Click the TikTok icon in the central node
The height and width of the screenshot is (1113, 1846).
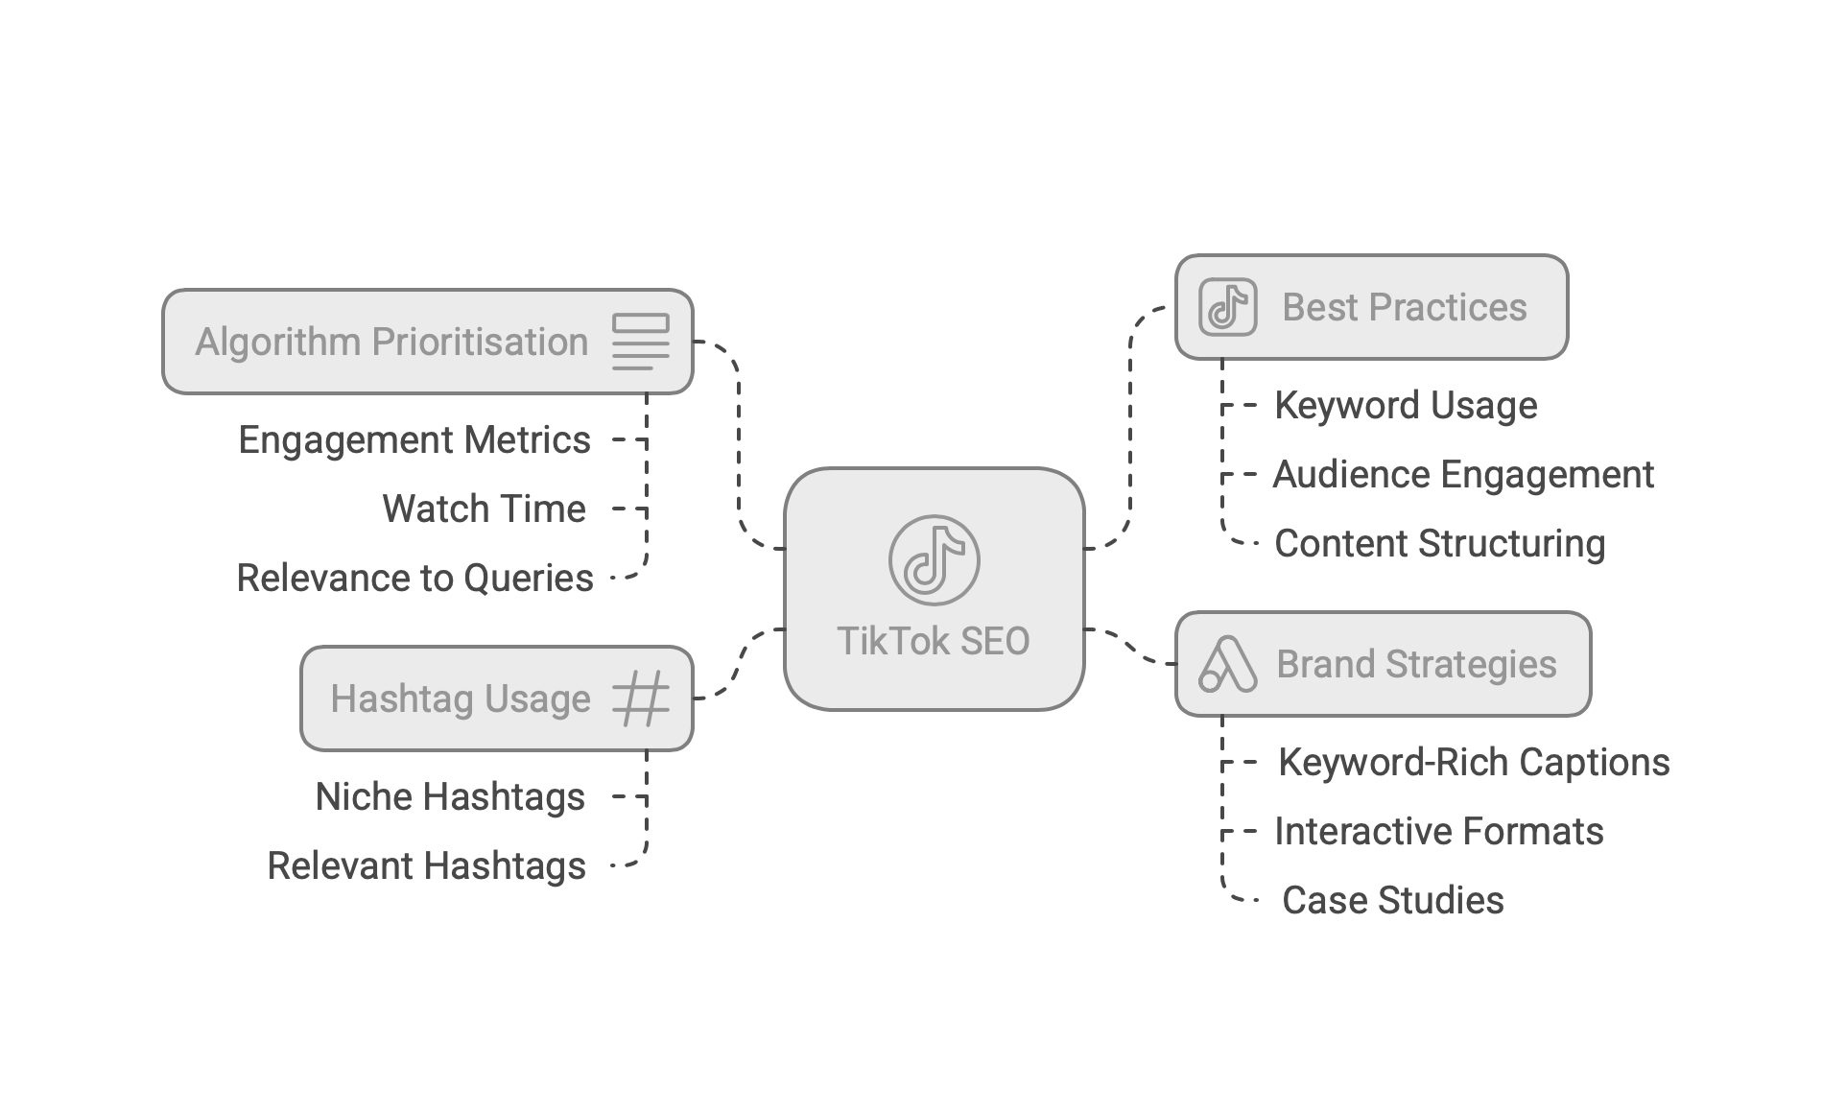(934, 560)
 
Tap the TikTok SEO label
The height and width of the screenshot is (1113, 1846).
(934, 641)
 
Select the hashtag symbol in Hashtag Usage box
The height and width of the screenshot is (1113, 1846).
(641, 699)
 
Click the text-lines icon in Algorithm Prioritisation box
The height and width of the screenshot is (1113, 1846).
(641, 342)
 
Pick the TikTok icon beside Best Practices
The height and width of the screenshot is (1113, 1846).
(1228, 307)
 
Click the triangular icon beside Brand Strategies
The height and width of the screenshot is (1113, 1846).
(1228, 664)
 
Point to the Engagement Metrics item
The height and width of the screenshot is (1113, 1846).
(414, 440)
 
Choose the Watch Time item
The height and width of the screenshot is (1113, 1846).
(484, 509)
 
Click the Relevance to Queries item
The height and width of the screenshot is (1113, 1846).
(414, 578)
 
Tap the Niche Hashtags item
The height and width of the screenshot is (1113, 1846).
(450, 796)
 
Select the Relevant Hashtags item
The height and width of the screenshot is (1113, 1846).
(426, 865)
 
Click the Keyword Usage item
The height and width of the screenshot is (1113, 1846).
(1406, 405)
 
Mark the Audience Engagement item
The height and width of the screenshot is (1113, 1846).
(1463, 474)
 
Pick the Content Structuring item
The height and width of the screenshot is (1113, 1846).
(1439, 543)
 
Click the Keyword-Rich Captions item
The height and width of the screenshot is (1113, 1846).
(1474, 762)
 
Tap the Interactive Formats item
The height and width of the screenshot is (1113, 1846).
(1438, 831)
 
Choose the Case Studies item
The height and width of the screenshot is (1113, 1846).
(1392, 900)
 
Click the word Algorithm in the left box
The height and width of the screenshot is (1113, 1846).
(278, 342)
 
